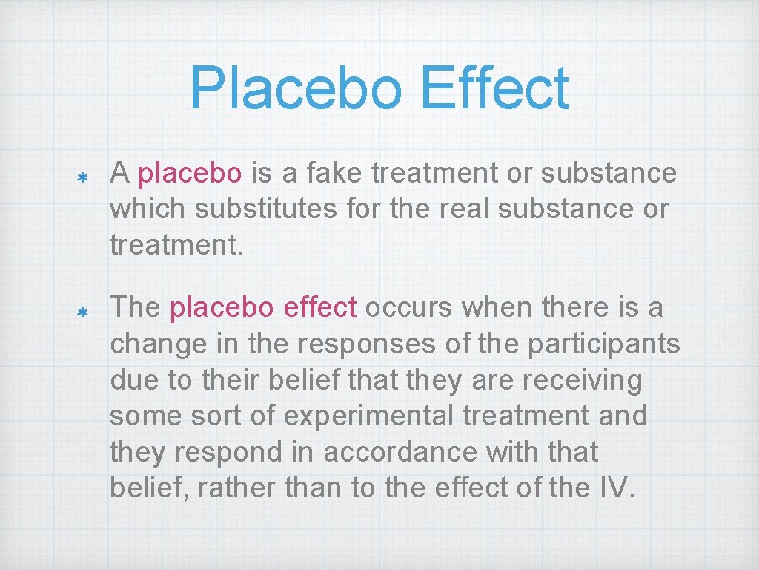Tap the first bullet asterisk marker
(84, 178)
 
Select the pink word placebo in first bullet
(190, 174)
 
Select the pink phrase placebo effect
(263, 308)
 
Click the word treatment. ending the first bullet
(176, 245)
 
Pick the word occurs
(407, 308)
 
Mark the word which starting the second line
(148, 209)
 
